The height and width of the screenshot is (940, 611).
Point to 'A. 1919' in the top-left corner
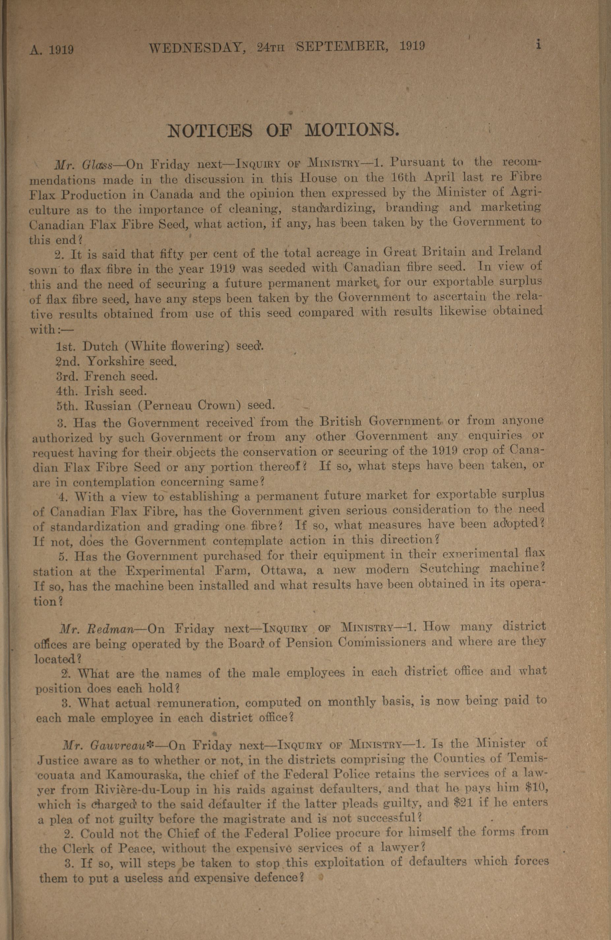tap(52, 50)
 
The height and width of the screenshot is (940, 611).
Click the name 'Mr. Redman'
tap(97, 629)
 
